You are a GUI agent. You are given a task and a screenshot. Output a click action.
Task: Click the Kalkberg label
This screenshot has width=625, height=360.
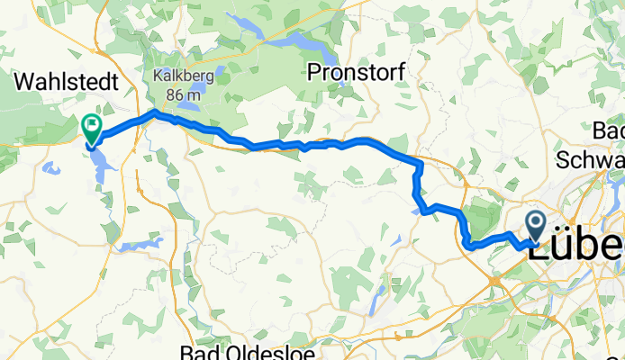coord(183,76)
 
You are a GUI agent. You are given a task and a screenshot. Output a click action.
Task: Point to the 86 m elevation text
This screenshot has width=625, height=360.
coord(184,92)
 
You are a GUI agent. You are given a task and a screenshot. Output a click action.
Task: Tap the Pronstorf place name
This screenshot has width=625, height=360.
coord(356,71)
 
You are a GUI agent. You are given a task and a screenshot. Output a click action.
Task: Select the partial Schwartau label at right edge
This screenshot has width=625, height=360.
coord(591,159)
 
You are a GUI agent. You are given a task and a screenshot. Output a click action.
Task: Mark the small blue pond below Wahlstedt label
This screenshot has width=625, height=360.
coord(50,168)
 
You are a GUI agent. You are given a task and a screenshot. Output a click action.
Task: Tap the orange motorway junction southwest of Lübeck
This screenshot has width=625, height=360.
coord(494,282)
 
